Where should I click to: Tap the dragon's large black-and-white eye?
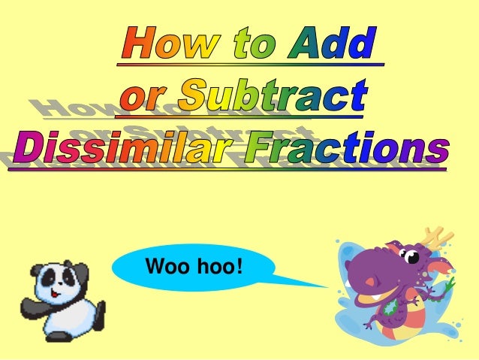412,257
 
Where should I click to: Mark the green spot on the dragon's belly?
390,307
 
